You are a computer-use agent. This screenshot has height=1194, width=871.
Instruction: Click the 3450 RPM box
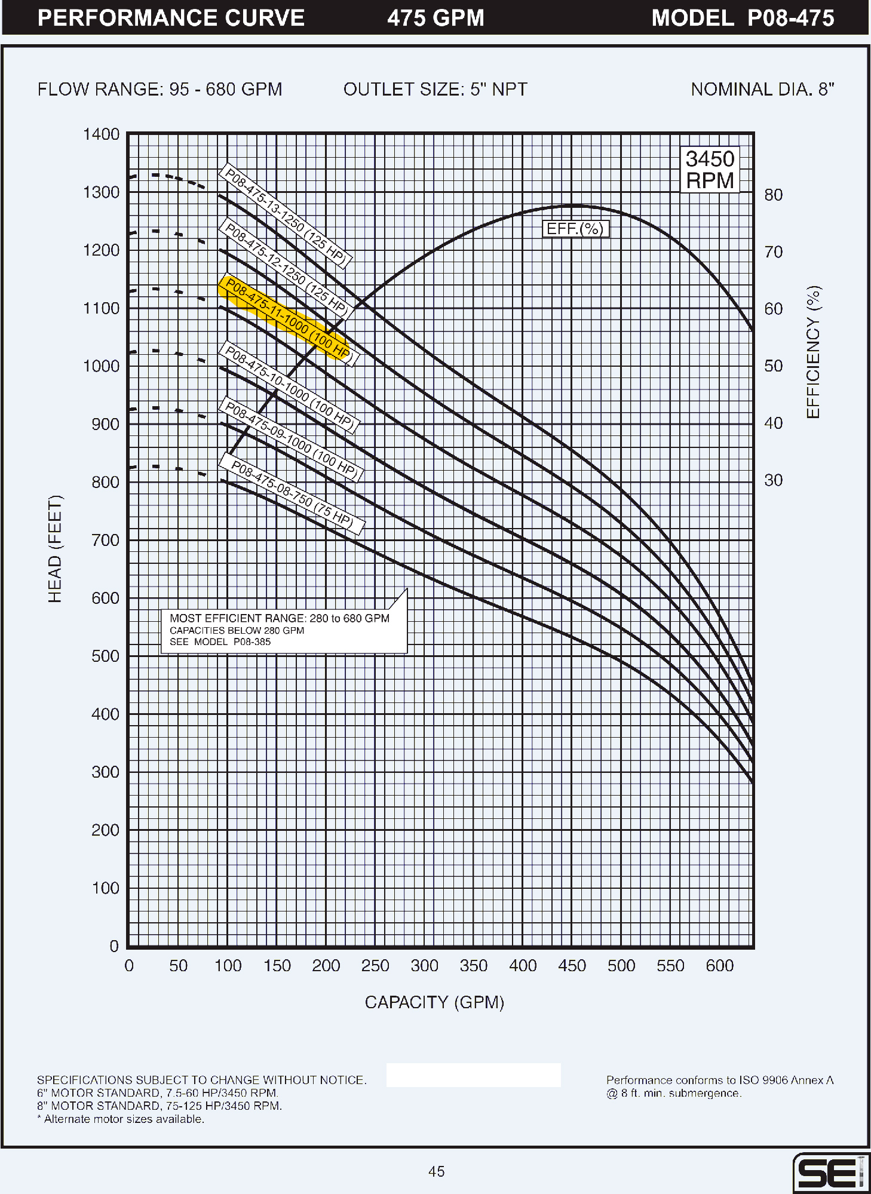pos(710,170)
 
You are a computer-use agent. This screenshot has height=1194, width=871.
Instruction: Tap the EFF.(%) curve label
pos(575,229)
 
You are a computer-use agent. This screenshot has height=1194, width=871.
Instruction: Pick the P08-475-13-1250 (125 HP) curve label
pos(286,216)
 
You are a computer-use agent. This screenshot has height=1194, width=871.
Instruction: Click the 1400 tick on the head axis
pos(101,134)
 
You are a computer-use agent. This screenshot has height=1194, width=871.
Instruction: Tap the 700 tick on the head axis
pos(105,540)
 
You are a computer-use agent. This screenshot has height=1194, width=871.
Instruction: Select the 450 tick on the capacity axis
pos(572,965)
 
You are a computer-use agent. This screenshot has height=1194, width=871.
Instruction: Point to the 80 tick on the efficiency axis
pos(774,195)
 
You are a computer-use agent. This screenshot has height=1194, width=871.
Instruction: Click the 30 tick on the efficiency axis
pos(774,480)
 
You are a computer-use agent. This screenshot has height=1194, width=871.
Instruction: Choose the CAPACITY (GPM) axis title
pos(434,1002)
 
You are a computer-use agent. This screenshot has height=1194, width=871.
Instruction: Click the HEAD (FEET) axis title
pos(55,549)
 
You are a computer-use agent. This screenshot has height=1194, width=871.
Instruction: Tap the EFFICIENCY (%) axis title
pos(814,352)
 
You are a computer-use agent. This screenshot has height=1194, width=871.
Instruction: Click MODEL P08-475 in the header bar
pos(743,18)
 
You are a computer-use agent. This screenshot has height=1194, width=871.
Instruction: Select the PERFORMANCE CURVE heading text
pos(171,18)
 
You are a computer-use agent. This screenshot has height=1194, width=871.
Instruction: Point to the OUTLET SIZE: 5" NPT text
pos(435,90)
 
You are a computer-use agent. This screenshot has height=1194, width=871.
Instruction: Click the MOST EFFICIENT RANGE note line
pos(280,618)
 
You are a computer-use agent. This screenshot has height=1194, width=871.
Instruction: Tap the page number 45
pos(436,1171)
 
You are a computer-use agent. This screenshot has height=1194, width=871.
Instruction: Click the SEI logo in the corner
pos(830,1173)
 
